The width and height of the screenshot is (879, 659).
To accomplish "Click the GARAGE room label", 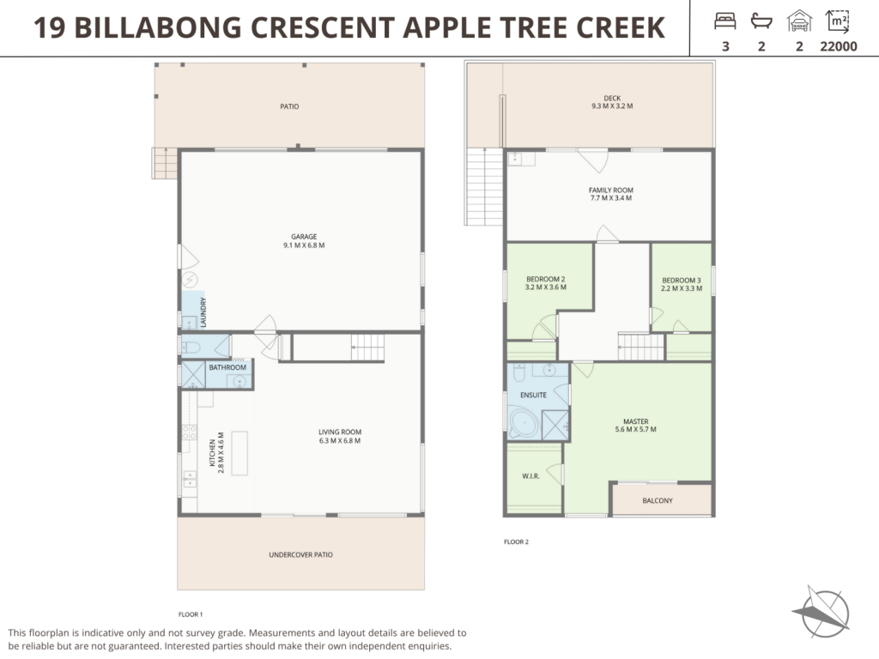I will (x=304, y=236).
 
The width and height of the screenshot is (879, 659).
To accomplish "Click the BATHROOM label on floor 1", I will (x=227, y=367).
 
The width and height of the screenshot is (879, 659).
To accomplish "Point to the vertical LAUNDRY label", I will (x=203, y=311).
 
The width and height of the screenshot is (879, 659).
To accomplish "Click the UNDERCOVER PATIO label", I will (x=300, y=555).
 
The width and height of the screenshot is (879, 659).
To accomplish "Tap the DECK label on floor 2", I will (x=611, y=99).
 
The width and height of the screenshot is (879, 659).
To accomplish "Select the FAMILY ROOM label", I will (x=610, y=190).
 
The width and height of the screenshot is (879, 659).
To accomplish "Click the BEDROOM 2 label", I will (x=545, y=279).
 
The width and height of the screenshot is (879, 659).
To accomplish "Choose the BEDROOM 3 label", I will (x=682, y=281).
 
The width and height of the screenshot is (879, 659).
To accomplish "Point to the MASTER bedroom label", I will (x=635, y=421).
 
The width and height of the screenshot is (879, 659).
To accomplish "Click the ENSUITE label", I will (x=533, y=395).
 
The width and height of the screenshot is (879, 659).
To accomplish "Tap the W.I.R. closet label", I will (x=530, y=475).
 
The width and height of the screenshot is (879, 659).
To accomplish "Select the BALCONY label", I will (x=658, y=500).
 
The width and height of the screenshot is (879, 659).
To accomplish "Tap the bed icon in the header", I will (x=725, y=20).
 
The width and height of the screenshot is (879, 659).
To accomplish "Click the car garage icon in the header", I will (x=799, y=20).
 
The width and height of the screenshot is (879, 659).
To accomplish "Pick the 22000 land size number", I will (x=839, y=47).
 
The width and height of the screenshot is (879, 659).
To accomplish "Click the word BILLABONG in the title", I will (x=161, y=28).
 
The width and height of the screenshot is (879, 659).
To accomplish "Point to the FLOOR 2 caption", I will (x=516, y=541).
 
